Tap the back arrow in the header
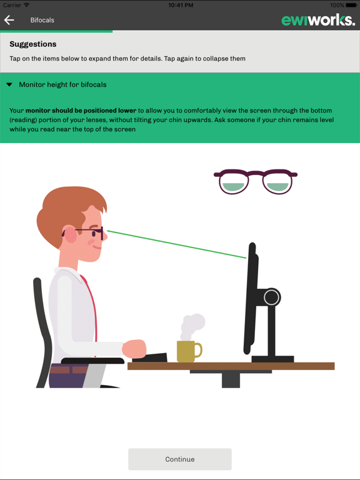(9, 20)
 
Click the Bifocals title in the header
(42, 20)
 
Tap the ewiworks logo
(317, 20)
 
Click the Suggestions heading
(33, 44)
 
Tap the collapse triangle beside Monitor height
(9, 84)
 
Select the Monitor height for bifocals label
(62, 84)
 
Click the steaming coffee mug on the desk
(187, 351)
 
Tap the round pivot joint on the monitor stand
(271, 297)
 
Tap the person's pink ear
(71, 236)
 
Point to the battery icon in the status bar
(351, 5)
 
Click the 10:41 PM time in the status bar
(180, 5)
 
